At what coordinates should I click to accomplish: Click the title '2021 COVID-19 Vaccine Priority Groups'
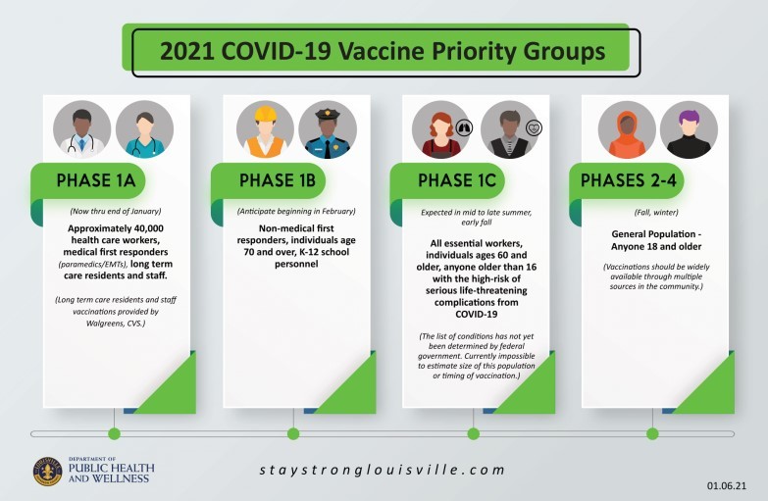[x=384, y=49]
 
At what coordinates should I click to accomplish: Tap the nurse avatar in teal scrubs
[x=144, y=130]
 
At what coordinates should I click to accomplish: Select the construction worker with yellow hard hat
[x=266, y=130]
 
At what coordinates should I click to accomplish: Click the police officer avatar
[x=328, y=130]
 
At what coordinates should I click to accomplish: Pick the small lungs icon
[x=464, y=125]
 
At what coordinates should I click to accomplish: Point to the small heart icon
[x=534, y=126]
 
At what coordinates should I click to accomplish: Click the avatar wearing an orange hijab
[x=627, y=130]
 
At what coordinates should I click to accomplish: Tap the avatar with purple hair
[x=689, y=130]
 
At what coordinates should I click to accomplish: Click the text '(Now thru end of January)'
[x=116, y=212]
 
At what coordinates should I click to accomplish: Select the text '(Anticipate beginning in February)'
[x=295, y=212]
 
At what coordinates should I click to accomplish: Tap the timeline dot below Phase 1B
[x=293, y=433]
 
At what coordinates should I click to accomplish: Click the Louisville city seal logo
[x=47, y=472]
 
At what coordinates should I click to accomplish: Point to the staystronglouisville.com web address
[x=383, y=471]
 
